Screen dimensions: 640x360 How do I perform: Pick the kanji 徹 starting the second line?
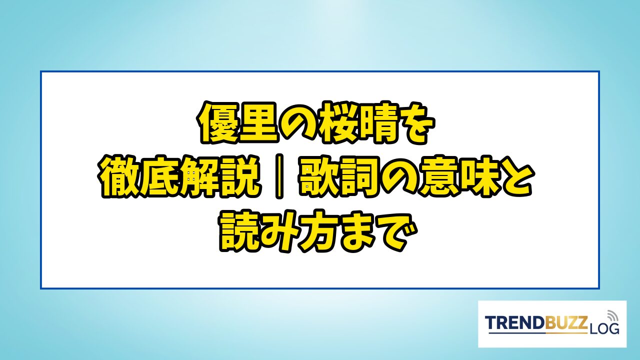120,177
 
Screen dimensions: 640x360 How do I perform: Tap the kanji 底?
161,177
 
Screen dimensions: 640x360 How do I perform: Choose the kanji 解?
201,177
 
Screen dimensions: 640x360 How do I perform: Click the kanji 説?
241,177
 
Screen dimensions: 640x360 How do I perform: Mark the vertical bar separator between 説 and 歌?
279,176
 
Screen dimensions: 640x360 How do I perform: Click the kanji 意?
439,177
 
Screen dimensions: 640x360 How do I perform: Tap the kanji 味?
479,177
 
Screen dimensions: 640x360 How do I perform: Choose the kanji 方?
320,231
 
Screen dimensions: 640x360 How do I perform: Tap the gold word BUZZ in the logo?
566,323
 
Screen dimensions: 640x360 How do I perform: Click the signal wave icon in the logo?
612,315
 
